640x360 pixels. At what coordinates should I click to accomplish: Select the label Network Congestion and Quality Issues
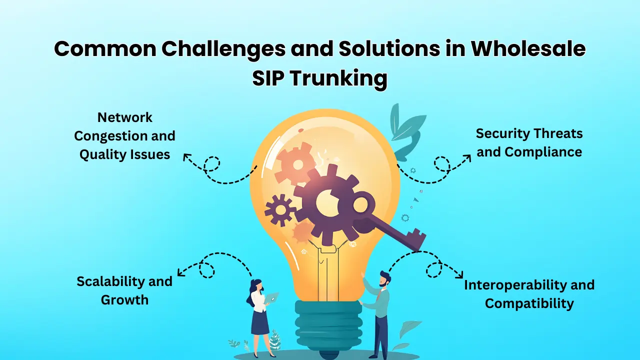125,135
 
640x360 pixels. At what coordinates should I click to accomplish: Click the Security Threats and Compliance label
529,142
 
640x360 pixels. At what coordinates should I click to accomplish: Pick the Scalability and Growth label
124,290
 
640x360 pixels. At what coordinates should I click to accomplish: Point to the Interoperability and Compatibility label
529,294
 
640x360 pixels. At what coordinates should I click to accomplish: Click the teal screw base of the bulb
328,322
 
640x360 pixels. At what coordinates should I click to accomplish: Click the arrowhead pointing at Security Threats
467,157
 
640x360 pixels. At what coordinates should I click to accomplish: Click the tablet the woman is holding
271,298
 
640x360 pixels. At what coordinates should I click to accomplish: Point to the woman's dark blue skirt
260,323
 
